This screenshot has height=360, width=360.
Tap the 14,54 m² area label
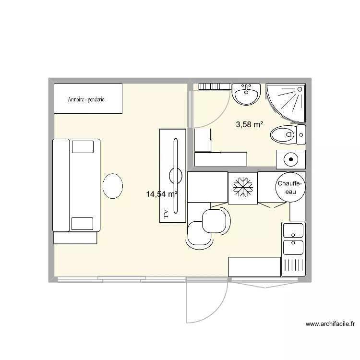point(162,194)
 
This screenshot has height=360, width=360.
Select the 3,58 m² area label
point(249,125)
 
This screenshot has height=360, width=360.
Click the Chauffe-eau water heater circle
point(289,187)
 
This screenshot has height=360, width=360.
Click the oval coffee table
point(113,185)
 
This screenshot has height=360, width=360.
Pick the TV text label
point(167,214)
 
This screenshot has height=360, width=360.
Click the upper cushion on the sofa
point(82,146)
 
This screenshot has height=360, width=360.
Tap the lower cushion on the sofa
point(82,224)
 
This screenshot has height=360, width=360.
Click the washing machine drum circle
point(290,158)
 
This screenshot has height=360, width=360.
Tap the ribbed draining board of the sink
point(293,266)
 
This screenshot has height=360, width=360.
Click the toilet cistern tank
point(301,134)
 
